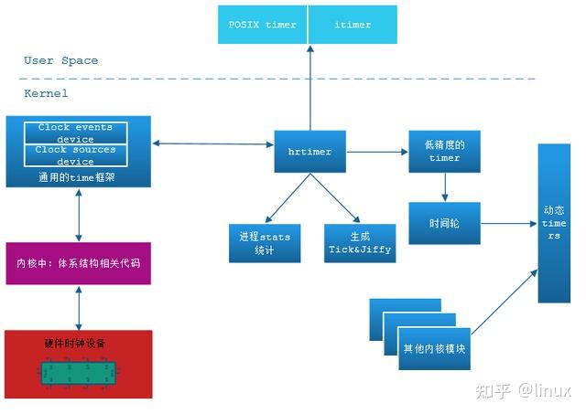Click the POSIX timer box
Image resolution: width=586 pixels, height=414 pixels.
[267, 25]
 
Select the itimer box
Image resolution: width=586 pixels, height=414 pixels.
[353, 25]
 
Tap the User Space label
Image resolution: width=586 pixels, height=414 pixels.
[60, 60]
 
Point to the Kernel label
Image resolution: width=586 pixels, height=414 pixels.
[46, 93]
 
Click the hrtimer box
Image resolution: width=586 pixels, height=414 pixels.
[310, 152]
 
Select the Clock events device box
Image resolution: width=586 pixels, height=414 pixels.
[78, 133]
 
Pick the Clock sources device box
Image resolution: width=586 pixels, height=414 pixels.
[78, 154]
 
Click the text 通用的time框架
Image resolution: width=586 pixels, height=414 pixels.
[78, 175]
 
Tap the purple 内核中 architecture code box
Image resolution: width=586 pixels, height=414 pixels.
[78, 263]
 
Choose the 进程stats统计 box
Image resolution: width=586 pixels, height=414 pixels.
[265, 242]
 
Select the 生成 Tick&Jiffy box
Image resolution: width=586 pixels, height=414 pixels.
[360, 242]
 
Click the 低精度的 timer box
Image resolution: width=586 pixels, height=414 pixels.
[444, 152]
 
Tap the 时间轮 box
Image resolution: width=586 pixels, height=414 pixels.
[444, 223]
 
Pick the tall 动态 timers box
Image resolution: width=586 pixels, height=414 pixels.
[554, 223]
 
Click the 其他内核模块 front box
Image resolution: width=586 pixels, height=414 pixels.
[433, 348]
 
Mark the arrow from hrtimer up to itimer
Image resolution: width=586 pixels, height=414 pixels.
[310, 87]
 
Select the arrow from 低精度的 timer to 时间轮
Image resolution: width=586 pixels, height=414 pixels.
[444, 187]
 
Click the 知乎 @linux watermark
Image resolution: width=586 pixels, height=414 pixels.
[517, 391]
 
